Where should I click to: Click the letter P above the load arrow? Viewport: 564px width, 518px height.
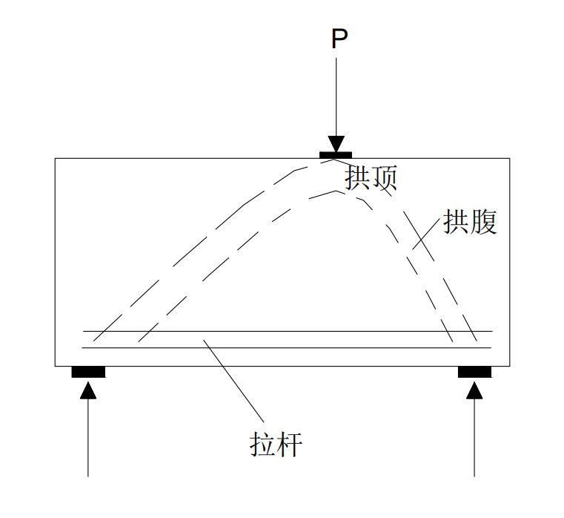(x=339, y=39)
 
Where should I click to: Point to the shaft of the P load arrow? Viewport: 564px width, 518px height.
(x=336, y=96)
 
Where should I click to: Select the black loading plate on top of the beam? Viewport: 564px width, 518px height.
(x=336, y=155)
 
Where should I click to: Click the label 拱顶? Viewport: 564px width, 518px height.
(x=371, y=177)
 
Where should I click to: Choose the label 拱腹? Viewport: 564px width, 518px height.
(x=470, y=222)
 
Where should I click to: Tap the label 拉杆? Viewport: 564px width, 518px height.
(x=275, y=445)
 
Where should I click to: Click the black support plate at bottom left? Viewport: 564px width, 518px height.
(x=88, y=372)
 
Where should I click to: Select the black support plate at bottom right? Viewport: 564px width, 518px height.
(x=474, y=372)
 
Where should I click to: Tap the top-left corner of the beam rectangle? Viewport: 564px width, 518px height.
(x=56, y=158)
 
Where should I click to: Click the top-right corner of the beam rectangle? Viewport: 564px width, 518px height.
(x=510, y=158)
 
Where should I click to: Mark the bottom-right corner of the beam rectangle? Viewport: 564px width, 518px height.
(x=510, y=365)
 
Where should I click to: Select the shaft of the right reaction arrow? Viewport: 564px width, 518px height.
(x=474, y=438)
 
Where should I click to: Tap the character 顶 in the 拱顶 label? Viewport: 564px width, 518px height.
(x=385, y=177)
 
